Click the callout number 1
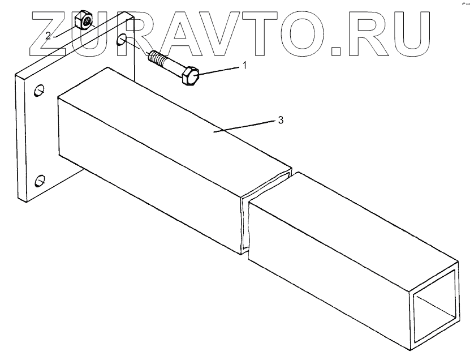(245, 66)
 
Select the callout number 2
(49, 35)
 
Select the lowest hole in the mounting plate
(39, 181)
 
